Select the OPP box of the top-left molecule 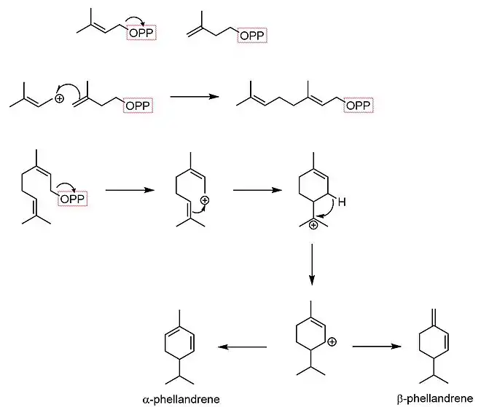pos(141,33)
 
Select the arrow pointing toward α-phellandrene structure pos(243,347)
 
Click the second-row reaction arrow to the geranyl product pos(194,96)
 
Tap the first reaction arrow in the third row pos(128,191)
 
